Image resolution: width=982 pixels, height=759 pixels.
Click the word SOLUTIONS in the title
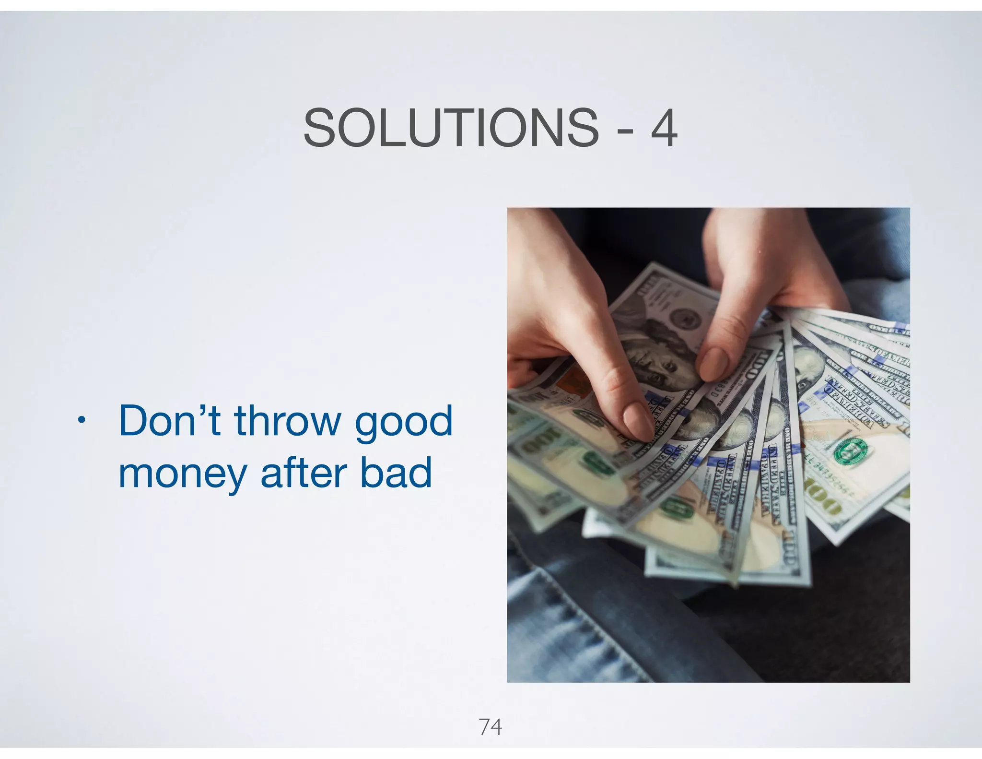451,128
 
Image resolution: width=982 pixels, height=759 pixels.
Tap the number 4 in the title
664,128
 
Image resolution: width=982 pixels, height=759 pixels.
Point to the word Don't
169,421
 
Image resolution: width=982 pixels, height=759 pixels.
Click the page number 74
490,727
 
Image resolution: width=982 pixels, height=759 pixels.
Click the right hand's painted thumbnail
714,364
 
